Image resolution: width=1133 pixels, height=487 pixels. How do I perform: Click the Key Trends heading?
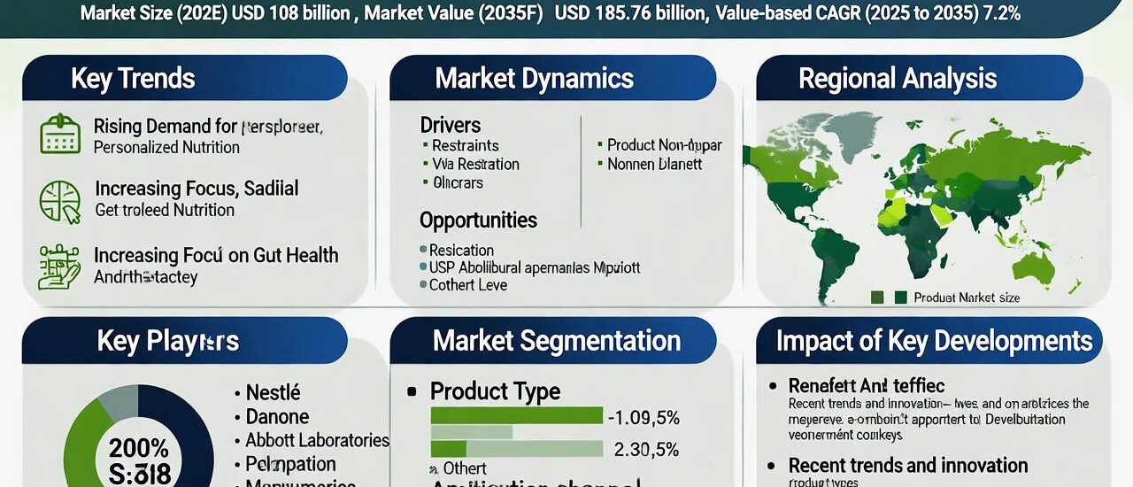(132, 78)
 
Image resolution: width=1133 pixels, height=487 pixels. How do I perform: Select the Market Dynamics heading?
(534, 78)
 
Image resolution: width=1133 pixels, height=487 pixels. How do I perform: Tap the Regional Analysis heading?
(898, 78)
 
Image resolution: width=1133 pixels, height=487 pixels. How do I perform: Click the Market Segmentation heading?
(557, 341)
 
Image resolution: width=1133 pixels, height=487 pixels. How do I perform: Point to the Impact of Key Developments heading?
(934, 341)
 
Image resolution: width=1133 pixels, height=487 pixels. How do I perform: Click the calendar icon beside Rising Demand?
(60, 135)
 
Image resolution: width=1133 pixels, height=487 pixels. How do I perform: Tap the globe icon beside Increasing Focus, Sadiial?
(60, 200)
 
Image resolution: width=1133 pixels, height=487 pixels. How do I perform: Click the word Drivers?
(451, 125)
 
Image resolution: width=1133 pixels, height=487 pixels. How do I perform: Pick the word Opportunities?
(478, 220)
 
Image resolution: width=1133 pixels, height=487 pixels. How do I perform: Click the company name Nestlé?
(273, 392)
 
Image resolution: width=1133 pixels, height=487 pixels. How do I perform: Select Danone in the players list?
(277, 416)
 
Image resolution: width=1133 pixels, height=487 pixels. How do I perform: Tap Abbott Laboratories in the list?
(317, 440)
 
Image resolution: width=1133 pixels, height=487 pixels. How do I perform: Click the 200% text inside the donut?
(139, 447)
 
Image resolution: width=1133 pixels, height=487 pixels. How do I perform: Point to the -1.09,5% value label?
(642, 416)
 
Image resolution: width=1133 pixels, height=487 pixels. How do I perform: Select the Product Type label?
(495, 391)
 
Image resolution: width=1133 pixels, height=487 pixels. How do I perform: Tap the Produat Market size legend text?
(967, 298)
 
